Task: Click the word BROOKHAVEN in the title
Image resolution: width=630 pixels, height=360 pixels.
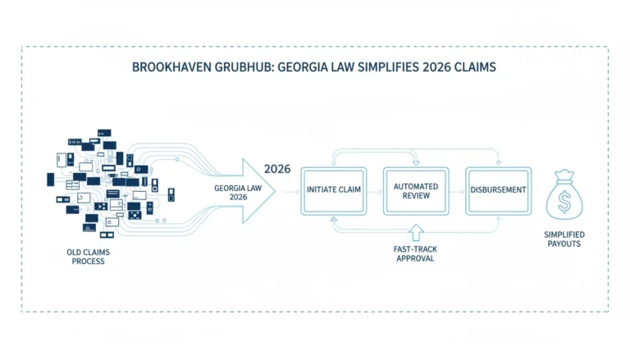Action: click(171, 66)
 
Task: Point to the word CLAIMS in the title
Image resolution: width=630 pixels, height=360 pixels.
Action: click(475, 66)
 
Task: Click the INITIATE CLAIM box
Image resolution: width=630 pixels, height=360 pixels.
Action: click(334, 191)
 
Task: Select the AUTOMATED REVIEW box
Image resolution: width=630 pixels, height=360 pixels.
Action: click(416, 191)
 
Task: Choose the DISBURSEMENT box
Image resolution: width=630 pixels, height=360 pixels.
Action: click(498, 191)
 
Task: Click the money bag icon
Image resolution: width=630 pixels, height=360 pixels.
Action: click(564, 195)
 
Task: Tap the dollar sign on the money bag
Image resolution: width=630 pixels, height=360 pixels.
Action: click(564, 201)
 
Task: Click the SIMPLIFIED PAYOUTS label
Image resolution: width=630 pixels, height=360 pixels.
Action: click(564, 239)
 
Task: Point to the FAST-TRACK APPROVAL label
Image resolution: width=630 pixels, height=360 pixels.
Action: click(415, 253)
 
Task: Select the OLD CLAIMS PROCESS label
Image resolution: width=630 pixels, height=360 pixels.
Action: click(88, 257)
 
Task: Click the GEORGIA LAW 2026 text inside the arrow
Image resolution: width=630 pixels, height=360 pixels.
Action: click(238, 193)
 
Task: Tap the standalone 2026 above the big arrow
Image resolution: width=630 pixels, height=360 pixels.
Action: click(277, 169)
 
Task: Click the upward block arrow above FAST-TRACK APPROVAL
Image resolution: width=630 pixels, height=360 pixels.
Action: click(416, 232)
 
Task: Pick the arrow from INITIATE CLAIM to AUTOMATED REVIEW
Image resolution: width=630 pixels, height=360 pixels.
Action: click(375, 192)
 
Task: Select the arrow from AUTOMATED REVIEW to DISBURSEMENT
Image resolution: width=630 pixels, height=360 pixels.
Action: click(457, 192)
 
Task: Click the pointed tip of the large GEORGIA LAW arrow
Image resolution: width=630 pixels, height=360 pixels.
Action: click(275, 191)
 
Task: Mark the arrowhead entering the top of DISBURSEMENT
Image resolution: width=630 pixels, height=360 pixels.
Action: click(499, 162)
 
